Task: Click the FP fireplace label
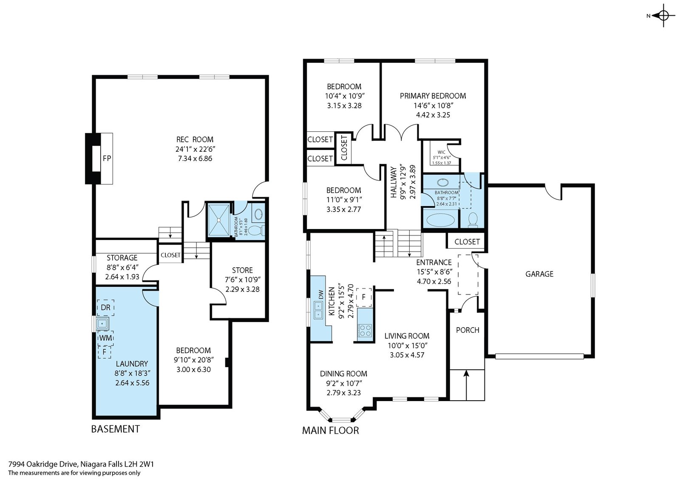[107, 158]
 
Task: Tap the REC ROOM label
[195, 139]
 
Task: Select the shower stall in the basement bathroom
[218, 220]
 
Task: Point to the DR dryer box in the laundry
[106, 307]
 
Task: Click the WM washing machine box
[106, 338]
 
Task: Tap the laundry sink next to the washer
[102, 324]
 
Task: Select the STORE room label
[242, 270]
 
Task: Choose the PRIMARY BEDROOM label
[433, 96]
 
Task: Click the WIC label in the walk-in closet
[442, 152]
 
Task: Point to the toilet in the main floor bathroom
[473, 220]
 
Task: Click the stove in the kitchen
[365, 331]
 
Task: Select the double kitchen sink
[318, 311]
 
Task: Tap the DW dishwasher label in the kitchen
[321, 294]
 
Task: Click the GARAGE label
[539, 274]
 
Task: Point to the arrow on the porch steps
[467, 385]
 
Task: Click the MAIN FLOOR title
[330, 430]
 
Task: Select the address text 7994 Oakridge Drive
[43, 464]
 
